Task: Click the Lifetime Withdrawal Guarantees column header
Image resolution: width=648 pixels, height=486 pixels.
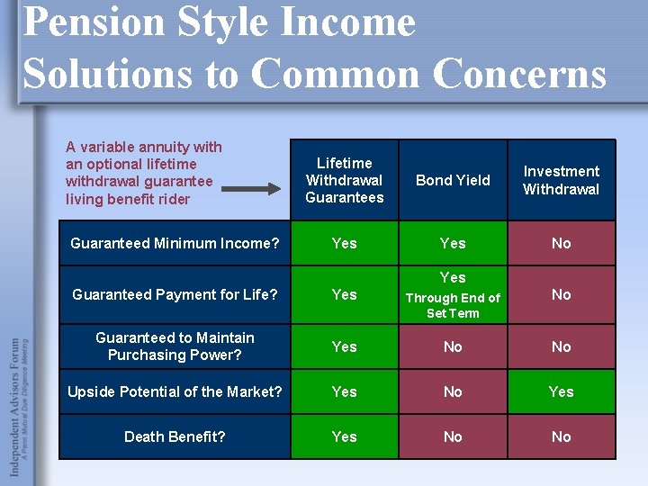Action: point(344,180)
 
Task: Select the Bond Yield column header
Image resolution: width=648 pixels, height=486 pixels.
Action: point(453,180)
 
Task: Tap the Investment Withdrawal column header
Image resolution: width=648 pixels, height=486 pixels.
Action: point(561,180)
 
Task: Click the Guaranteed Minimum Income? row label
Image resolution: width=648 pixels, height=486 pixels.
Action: point(175,243)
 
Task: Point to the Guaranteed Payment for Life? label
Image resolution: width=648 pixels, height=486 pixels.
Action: point(175,294)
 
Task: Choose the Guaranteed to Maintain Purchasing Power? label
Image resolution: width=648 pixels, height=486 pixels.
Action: point(175,346)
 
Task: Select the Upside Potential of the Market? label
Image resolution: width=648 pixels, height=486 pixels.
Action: point(175,391)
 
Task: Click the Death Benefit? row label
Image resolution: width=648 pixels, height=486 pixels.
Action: point(175,436)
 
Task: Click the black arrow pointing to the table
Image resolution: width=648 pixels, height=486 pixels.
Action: point(251,189)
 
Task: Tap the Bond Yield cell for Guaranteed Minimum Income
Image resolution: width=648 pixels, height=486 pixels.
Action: point(453,243)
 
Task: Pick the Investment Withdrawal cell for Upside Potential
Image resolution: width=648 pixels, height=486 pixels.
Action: point(561,391)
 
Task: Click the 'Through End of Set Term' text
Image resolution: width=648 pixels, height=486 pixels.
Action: point(453,305)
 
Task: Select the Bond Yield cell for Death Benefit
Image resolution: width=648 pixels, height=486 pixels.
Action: point(453,436)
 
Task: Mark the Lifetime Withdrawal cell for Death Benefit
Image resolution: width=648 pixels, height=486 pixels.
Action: point(344,436)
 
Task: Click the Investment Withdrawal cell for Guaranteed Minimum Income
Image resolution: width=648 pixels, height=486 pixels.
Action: point(561,243)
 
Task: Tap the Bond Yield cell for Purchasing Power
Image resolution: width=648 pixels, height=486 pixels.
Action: point(453,346)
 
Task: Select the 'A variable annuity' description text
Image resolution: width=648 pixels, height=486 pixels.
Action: point(144,173)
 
